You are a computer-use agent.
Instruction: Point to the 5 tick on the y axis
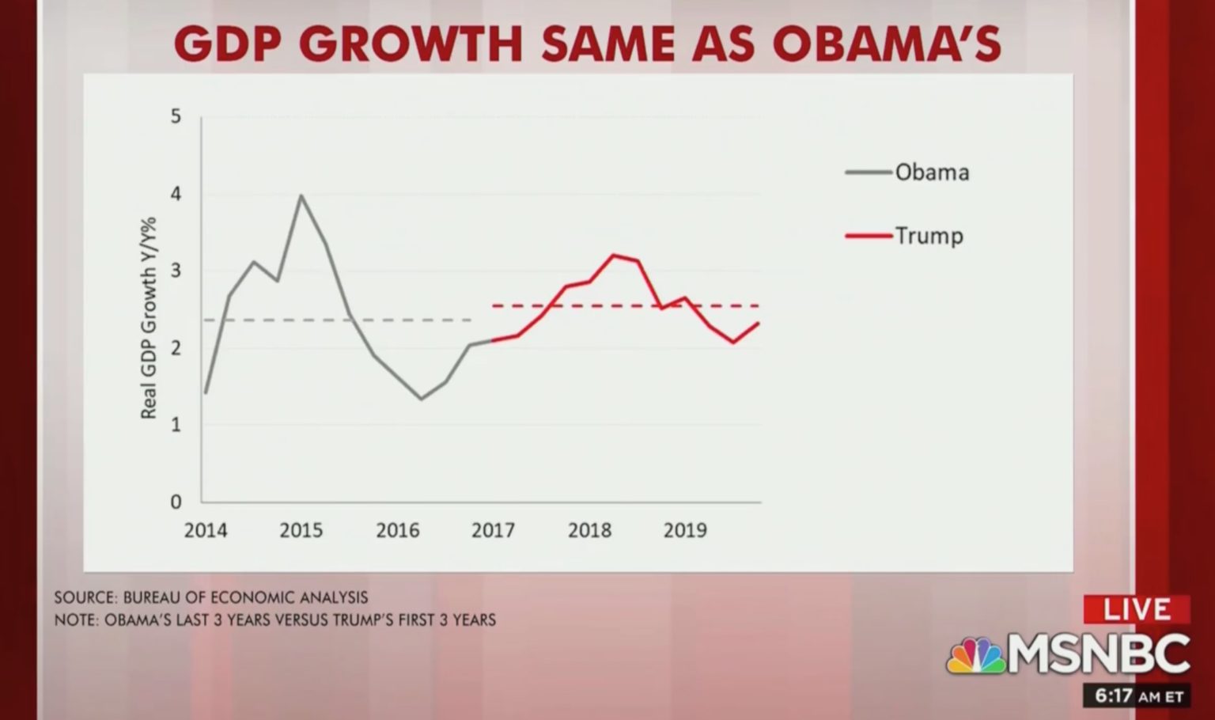pyautogui.click(x=176, y=116)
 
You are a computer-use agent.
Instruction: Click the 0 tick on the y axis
pyautogui.click(x=176, y=502)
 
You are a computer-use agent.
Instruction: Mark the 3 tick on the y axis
pyautogui.click(x=176, y=271)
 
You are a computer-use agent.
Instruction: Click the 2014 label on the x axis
pyautogui.click(x=206, y=530)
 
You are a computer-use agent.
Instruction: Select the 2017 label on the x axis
pyautogui.click(x=493, y=530)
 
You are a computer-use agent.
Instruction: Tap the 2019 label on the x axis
pyautogui.click(x=685, y=530)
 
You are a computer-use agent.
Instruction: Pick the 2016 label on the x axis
pyautogui.click(x=397, y=530)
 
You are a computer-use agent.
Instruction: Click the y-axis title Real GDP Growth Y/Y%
pyautogui.click(x=149, y=318)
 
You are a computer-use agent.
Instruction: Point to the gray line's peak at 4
pyautogui.click(x=301, y=195)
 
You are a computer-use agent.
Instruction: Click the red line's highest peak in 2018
pyautogui.click(x=614, y=255)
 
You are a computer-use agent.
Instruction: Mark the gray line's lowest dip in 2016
pyautogui.click(x=421, y=398)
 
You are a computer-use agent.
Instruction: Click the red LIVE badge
pyautogui.click(x=1137, y=609)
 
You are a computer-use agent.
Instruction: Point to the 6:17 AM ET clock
pyautogui.click(x=1137, y=696)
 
